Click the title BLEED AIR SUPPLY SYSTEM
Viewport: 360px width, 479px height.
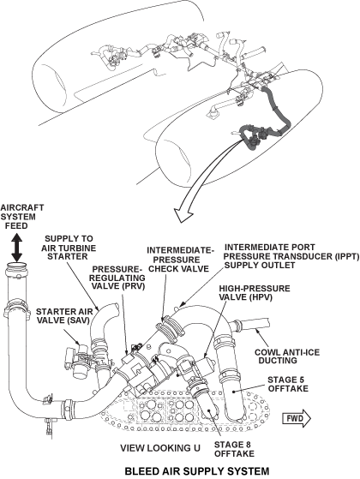(184, 470)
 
